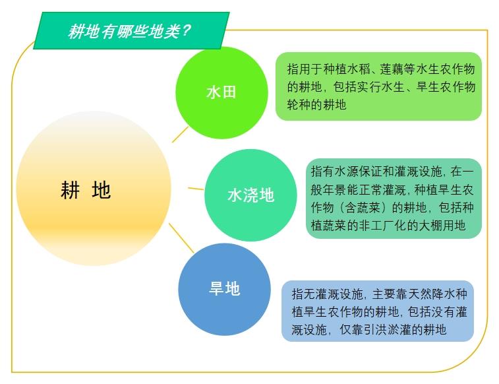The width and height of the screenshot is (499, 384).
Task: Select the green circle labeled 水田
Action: [221, 92]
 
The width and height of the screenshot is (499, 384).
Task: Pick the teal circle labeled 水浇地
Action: [250, 195]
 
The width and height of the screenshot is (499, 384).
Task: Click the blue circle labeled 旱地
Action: [224, 289]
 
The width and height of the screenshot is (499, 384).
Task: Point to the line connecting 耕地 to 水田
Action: [180, 134]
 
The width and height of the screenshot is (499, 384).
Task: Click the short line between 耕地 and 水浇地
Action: [196, 189]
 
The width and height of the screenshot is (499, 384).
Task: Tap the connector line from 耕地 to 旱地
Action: [182, 238]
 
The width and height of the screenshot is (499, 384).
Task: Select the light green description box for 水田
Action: [378, 86]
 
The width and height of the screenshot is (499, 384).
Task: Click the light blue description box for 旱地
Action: [378, 311]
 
